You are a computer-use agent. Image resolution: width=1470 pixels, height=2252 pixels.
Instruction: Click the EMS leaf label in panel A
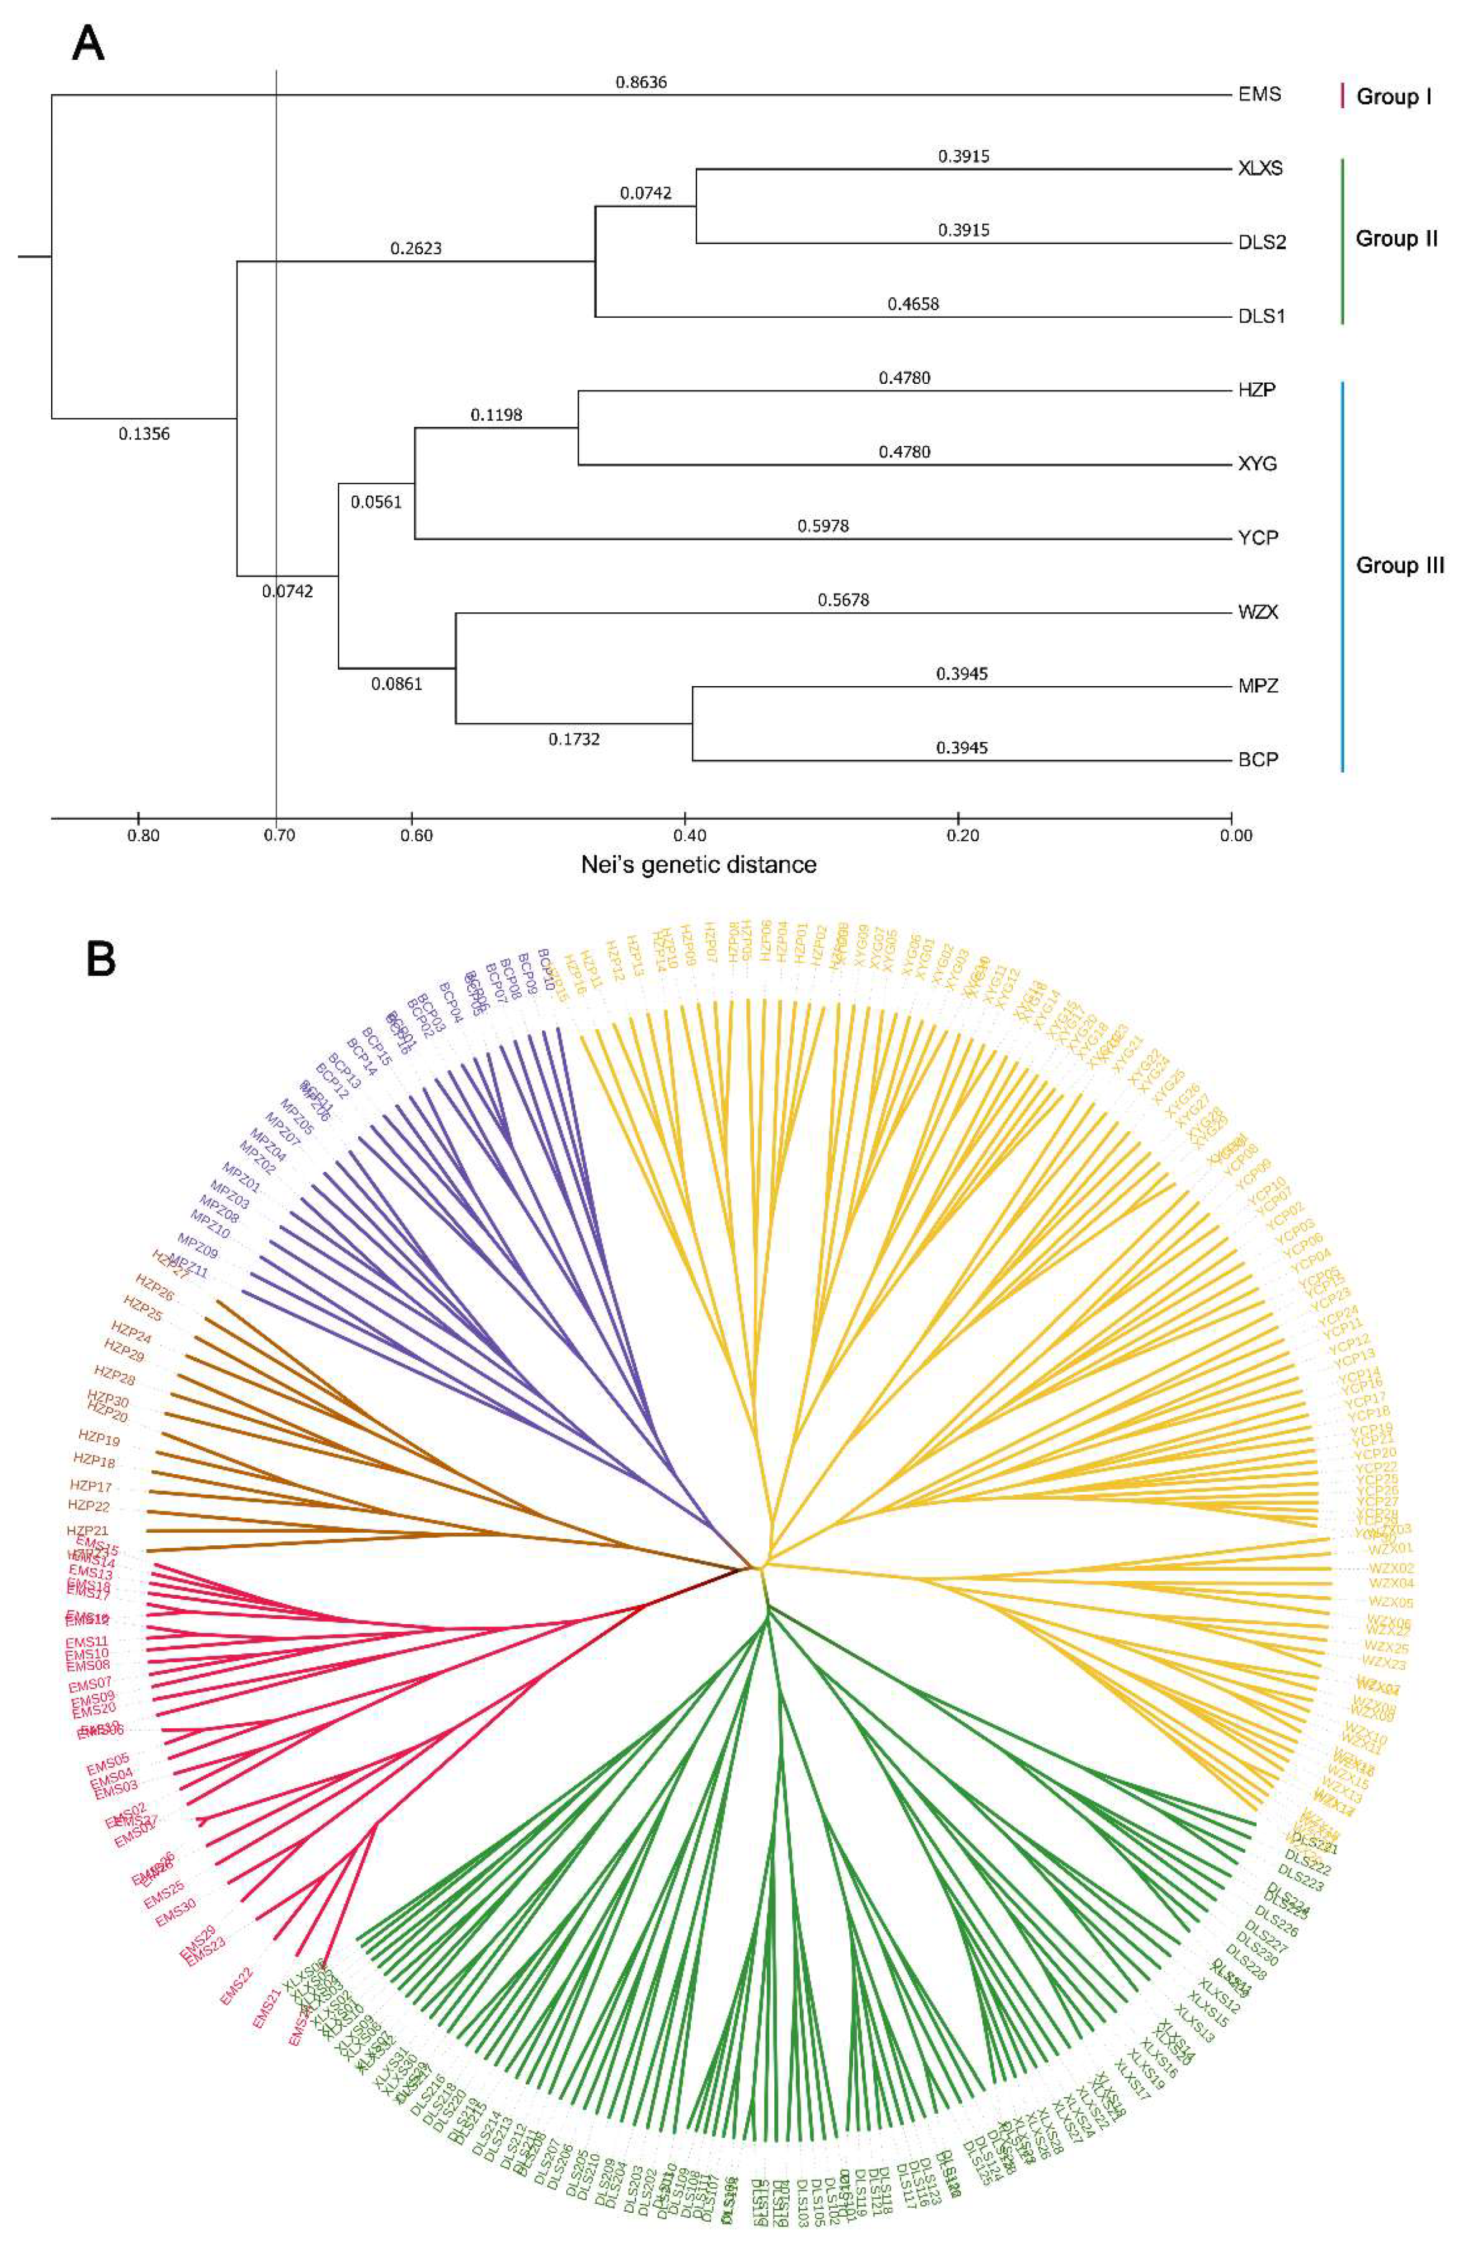pos(1259,94)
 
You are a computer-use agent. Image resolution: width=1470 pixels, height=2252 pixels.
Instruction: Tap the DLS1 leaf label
pos(1261,316)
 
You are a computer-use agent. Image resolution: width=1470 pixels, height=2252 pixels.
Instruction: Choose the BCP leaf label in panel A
pos(1258,760)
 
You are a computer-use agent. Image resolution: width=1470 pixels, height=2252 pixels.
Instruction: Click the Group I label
pos(1393,97)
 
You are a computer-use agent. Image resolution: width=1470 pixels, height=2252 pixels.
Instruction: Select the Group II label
pos(1396,238)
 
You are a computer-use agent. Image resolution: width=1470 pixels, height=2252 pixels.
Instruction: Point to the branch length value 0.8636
pos(641,82)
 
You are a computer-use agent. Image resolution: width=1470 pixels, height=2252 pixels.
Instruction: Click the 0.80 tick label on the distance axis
pos(143,836)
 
